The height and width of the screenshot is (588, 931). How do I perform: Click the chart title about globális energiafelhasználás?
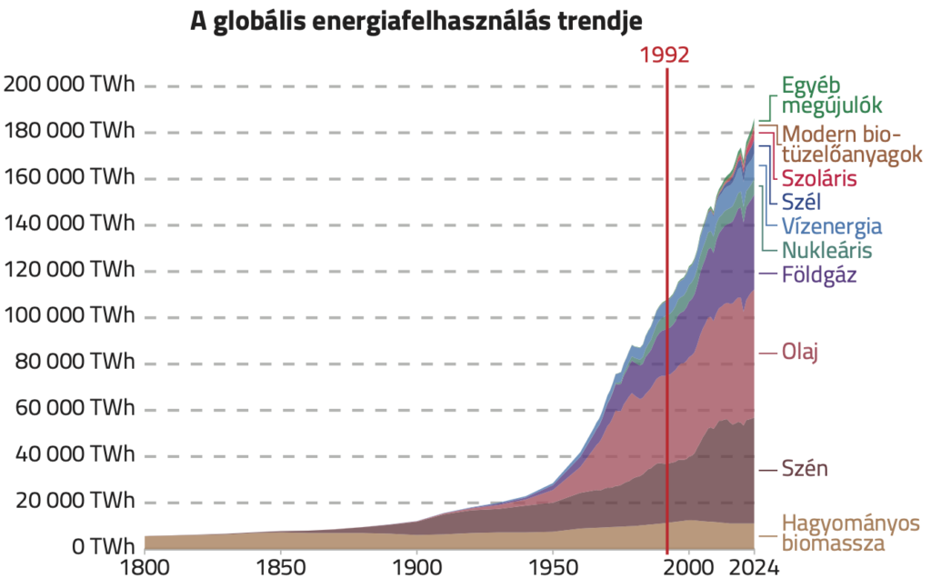(x=422, y=22)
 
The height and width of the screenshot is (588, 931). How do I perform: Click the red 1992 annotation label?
(x=666, y=54)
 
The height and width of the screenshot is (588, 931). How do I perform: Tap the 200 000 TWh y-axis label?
(x=69, y=85)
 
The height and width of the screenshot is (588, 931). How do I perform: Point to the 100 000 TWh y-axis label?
(x=69, y=316)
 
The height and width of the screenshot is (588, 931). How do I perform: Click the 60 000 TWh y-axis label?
(x=75, y=409)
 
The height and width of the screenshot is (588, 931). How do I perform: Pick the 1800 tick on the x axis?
(x=145, y=569)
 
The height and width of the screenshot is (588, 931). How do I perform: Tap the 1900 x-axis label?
(x=416, y=569)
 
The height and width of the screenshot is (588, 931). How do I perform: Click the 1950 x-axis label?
(x=553, y=569)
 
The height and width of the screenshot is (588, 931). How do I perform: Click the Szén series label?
(x=805, y=469)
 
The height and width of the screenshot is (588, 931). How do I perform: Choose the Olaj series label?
(x=801, y=351)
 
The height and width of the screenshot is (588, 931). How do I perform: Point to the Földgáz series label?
(x=820, y=274)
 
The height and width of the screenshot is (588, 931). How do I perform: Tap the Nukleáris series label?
(x=827, y=249)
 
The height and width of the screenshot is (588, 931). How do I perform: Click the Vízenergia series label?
(x=832, y=226)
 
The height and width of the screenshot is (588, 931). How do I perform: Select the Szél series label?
(x=801, y=202)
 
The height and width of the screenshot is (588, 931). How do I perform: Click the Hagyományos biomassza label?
(x=851, y=533)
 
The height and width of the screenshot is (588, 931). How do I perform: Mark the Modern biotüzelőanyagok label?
(x=852, y=144)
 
